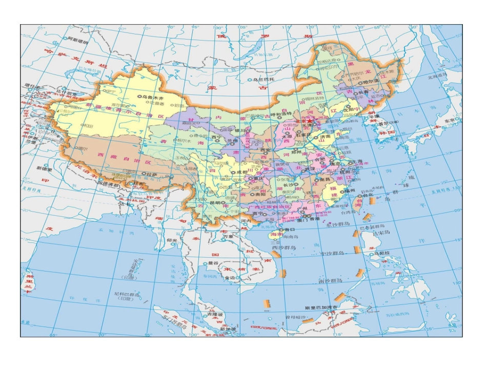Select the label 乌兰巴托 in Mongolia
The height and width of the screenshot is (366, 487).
pos(265,80)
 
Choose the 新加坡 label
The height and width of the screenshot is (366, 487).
pos(227,329)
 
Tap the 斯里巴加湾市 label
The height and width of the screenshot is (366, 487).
pos(322,308)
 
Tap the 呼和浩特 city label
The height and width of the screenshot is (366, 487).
pos(281,113)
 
